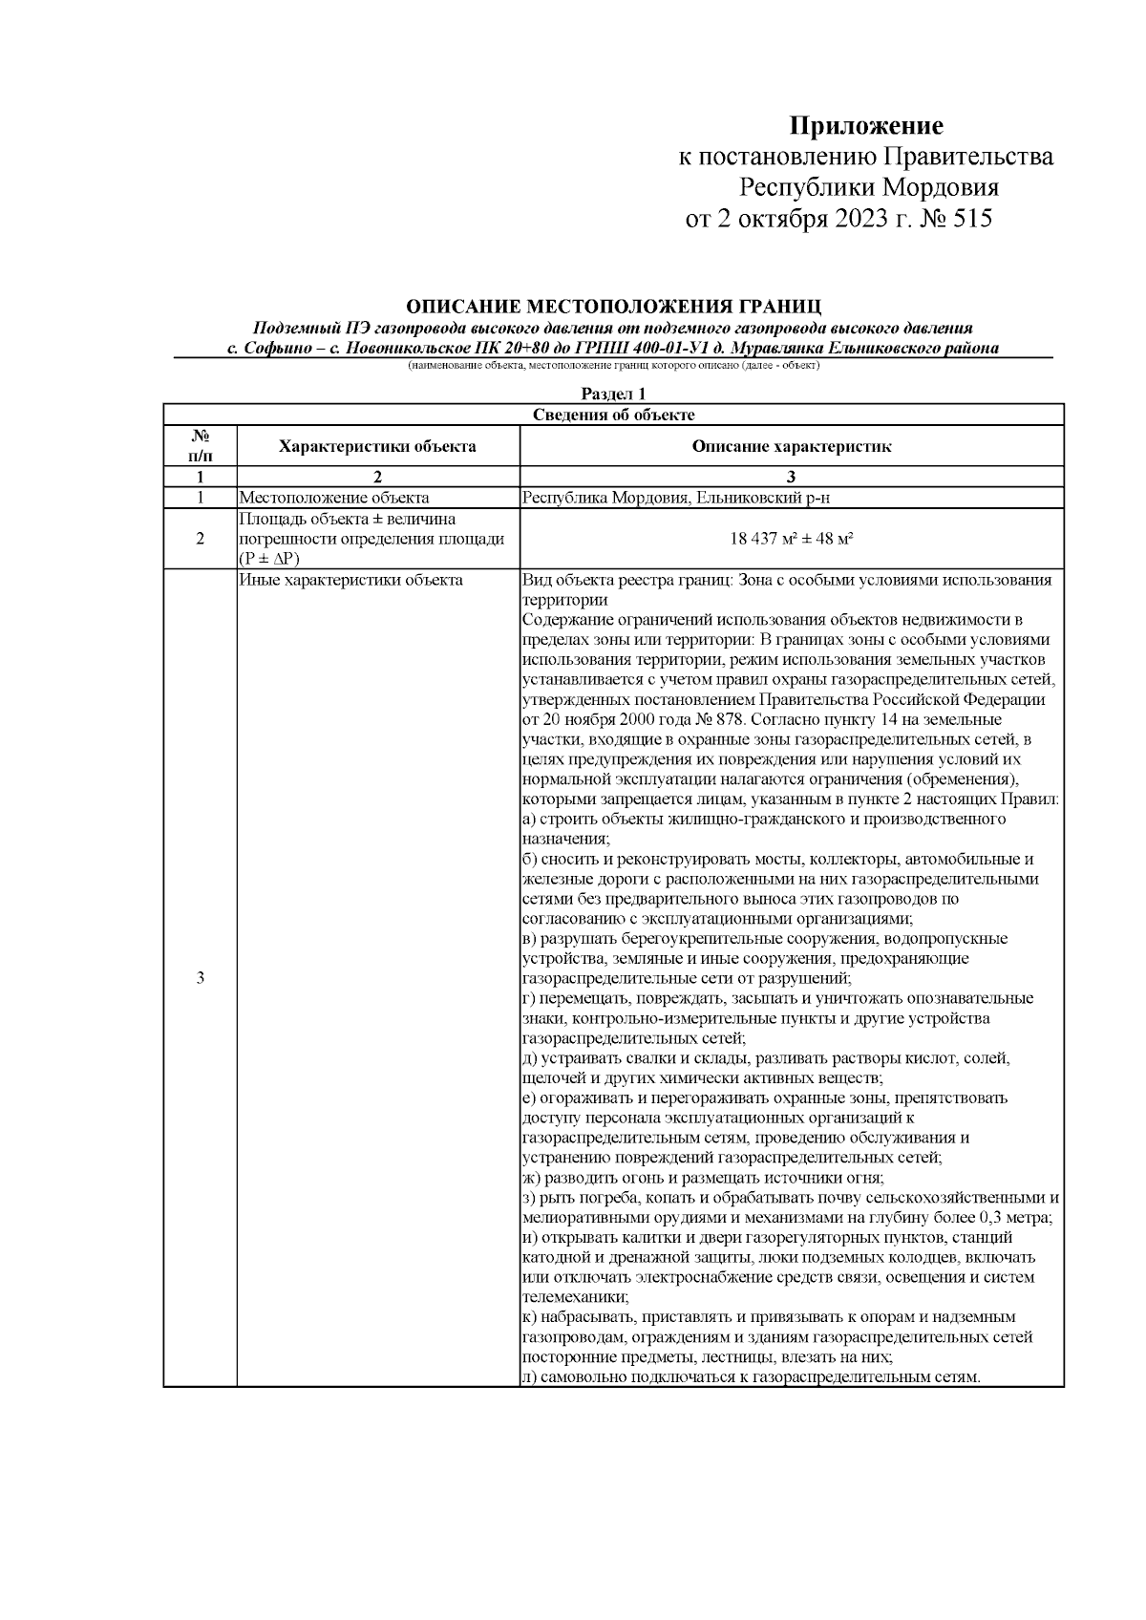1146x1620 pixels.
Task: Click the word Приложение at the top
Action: pos(865,126)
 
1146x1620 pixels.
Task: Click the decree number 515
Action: pos(972,220)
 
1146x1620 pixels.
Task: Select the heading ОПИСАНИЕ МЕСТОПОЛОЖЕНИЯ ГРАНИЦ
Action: pos(613,307)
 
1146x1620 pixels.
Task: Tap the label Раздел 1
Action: pos(613,394)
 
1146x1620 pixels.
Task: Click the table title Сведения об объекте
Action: pos(613,415)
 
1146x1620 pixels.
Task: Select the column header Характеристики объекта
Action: pos(377,446)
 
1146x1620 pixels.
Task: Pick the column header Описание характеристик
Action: pos(791,446)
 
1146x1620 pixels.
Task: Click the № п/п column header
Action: pos(200,446)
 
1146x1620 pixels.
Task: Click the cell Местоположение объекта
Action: pos(333,498)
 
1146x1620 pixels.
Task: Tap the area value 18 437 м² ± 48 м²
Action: pos(791,539)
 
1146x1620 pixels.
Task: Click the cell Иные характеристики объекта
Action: pos(350,580)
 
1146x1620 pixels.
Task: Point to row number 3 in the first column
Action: pos(200,978)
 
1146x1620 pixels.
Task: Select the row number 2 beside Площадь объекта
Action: pos(200,539)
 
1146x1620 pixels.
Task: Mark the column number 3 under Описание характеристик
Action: pos(791,478)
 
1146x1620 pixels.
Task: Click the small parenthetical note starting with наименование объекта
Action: pos(613,366)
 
